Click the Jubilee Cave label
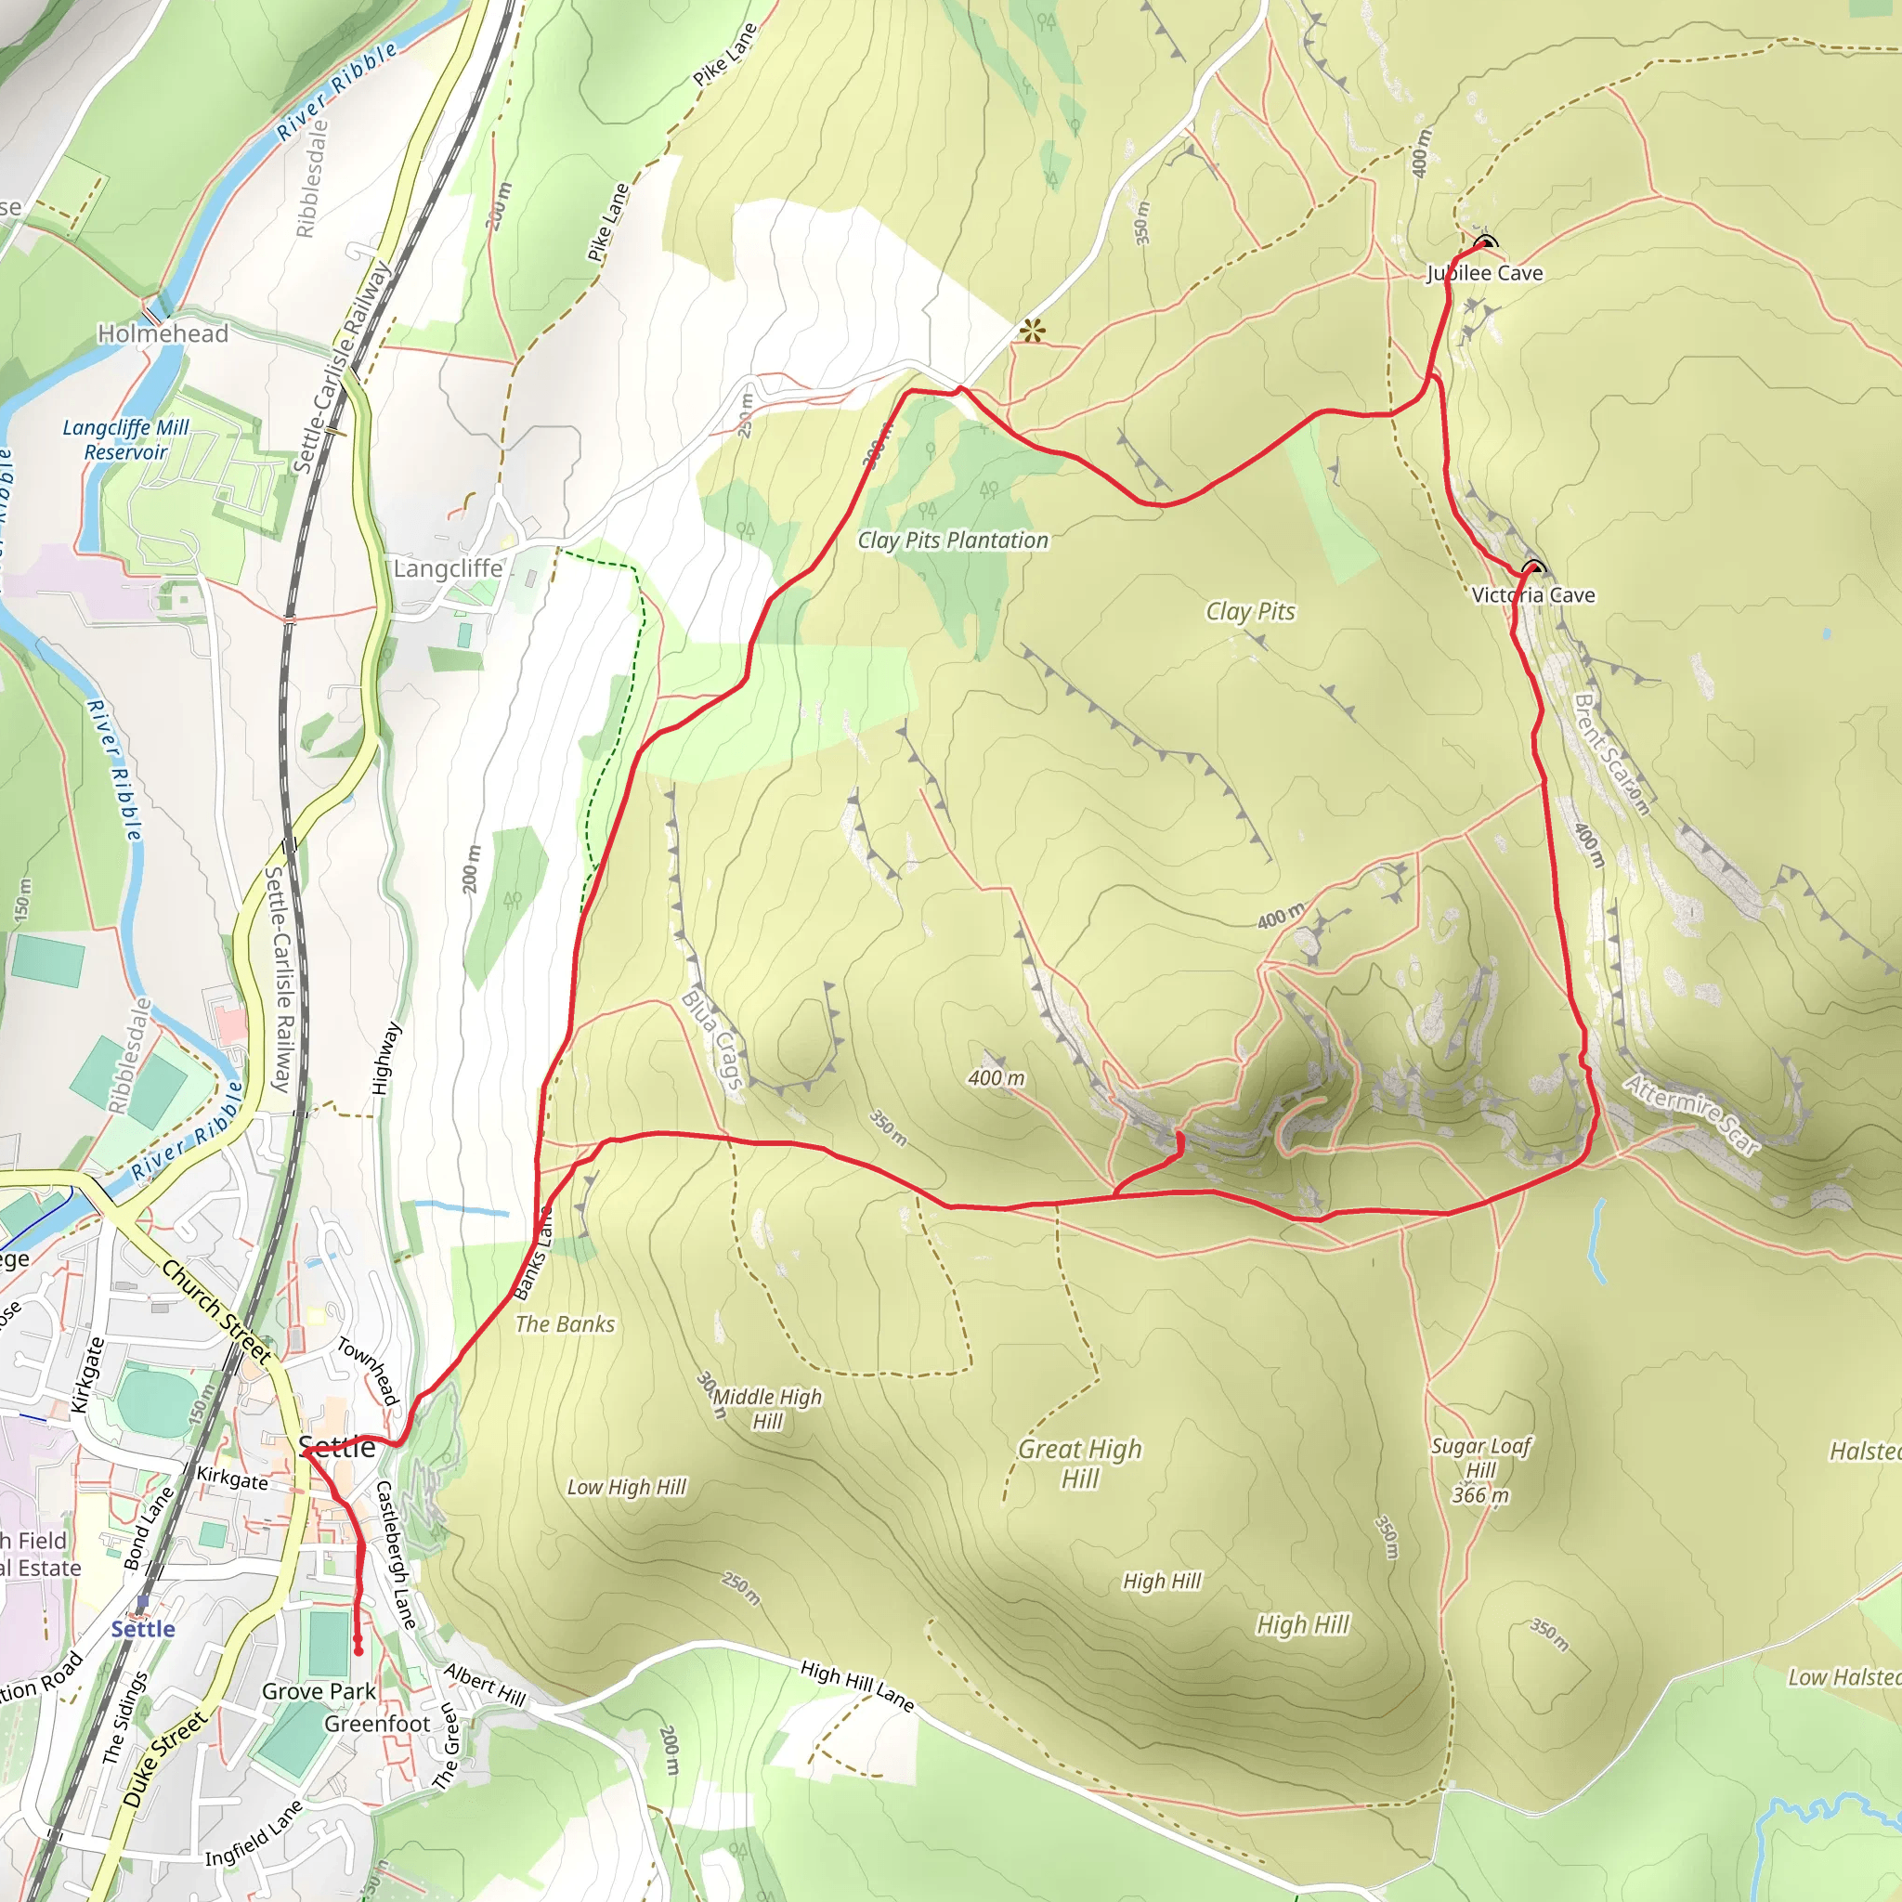[x=1485, y=273]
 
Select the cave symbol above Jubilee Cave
[x=1485, y=243]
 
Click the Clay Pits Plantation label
[x=952, y=541]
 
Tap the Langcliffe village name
[x=448, y=569]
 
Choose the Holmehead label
[x=163, y=333]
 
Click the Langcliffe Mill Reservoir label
[x=125, y=440]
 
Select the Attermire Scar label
[x=1691, y=1114]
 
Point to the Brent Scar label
[x=1610, y=754]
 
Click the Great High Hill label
[x=1080, y=1463]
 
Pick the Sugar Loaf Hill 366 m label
[x=1480, y=1470]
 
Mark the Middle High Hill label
[x=767, y=1408]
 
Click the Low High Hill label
[x=626, y=1487]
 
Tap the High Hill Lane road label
[x=856, y=1686]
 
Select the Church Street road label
[x=215, y=1311]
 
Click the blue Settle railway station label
[x=143, y=1629]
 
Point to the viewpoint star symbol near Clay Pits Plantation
[x=1031, y=331]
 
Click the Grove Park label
[x=318, y=1691]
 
